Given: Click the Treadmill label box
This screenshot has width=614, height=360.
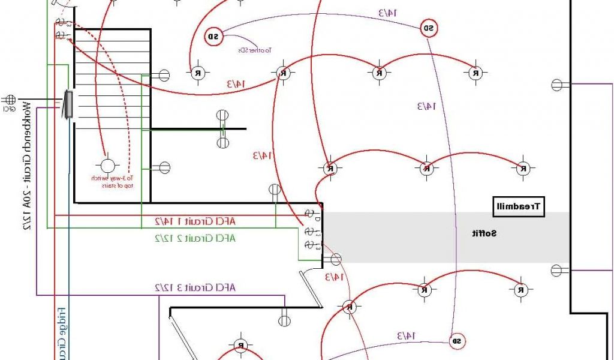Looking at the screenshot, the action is click(x=519, y=207).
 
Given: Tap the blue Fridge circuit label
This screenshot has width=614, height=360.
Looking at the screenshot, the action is click(x=61, y=333).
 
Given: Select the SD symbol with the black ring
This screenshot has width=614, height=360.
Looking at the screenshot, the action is click(x=213, y=37).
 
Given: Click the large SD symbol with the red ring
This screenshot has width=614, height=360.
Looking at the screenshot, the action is click(x=429, y=28).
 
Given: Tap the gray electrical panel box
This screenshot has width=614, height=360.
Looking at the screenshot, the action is click(x=68, y=104).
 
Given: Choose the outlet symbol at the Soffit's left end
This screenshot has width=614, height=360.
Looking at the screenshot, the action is click(x=335, y=260).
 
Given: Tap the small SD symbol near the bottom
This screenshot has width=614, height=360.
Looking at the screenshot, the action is click(x=456, y=341).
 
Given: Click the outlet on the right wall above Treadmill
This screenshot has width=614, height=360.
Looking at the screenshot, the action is click(x=557, y=85).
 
